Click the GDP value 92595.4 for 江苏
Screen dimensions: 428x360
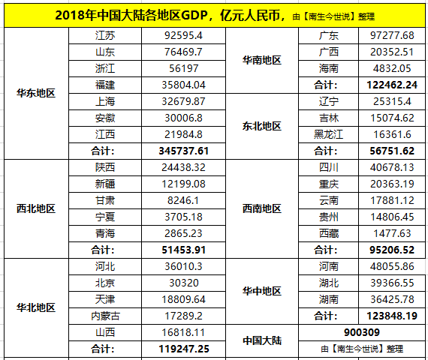coord(183,35)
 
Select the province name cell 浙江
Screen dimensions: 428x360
coord(105,68)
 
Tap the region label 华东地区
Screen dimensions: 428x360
coord(36,93)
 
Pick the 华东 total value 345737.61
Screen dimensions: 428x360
coord(184,151)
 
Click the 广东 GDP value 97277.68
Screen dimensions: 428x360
coord(392,35)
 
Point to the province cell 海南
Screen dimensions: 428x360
coord(329,68)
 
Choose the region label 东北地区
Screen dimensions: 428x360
coord(262,126)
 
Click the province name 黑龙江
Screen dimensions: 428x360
coord(328,134)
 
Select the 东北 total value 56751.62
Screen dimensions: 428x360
coord(392,151)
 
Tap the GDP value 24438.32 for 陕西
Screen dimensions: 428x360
coord(183,167)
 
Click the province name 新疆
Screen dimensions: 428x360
coord(105,184)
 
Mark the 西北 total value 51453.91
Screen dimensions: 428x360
coord(184,250)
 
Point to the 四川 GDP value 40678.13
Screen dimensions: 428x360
coord(392,167)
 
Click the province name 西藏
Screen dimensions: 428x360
coord(329,233)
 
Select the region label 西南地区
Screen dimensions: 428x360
coord(262,208)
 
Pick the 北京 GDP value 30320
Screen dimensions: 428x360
coord(184,283)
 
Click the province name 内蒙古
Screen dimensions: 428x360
coord(105,316)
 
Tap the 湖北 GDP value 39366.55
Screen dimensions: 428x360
coord(392,283)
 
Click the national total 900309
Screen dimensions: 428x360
coord(362,332)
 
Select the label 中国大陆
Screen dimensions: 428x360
coord(262,340)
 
